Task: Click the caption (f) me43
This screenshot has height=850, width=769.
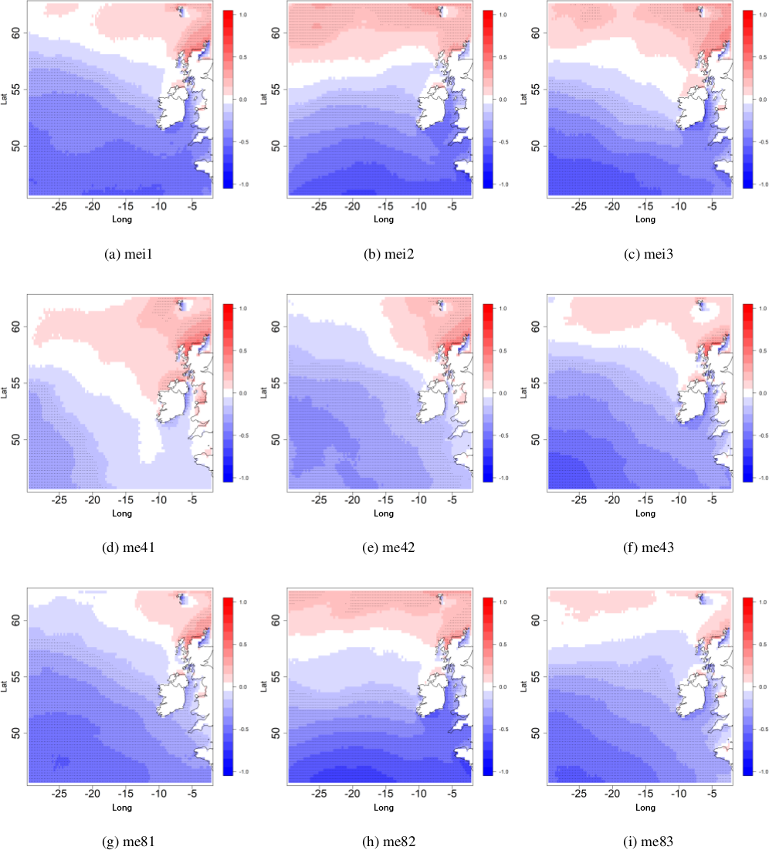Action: pos(644,549)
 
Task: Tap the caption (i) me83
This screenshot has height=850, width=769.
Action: pos(644,842)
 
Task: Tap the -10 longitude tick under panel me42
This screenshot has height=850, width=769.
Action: pos(418,500)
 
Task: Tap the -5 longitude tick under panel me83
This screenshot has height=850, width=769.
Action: pos(712,794)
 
